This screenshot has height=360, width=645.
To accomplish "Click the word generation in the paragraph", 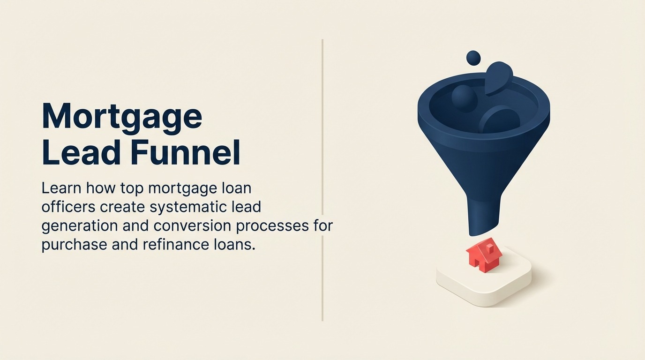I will [x=79, y=225].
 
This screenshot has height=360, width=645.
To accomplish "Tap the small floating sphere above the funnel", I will [x=473, y=58].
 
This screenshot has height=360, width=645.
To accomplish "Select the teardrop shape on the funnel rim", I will [x=498, y=77].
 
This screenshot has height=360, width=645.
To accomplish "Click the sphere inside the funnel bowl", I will [x=464, y=98].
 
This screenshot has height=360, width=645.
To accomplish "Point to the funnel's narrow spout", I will [x=484, y=215].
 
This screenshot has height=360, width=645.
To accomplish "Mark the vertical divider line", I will [x=322, y=141].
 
